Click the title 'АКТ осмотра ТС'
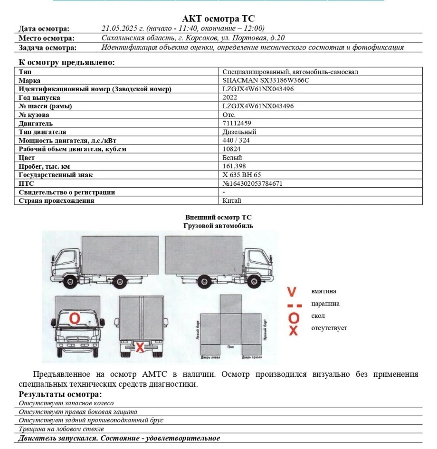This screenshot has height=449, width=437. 218,19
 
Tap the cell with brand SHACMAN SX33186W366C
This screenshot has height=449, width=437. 266,80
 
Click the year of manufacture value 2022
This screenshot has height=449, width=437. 229,97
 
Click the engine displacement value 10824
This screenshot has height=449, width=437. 231,149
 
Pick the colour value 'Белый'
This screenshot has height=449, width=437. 232,158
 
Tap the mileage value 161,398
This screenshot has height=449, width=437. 234,166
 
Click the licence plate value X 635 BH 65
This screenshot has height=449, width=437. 242,175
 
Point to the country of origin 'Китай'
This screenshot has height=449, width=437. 232,201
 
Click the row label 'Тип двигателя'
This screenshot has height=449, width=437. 42,132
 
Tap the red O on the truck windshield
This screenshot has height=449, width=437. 75,318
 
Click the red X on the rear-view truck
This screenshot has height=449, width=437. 140,347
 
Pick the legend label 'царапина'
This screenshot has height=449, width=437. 325,304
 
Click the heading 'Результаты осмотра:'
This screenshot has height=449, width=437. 60,394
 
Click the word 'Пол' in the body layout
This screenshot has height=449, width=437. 230,347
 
